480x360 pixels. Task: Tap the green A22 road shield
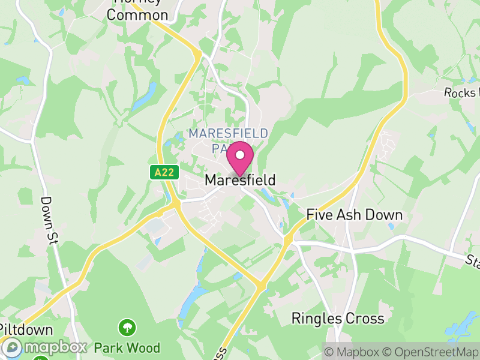point(164,172)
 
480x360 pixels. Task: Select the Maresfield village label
point(240,180)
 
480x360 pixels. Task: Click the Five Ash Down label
point(354,215)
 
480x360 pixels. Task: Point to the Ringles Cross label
point(337,318)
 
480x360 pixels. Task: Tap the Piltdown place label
point(26,330)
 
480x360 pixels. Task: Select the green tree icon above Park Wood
point(127,328)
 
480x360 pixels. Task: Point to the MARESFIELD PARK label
point(228,139)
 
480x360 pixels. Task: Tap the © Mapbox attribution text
point(353,352)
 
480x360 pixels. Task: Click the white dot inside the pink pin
point(240,155)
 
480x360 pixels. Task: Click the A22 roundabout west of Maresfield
point(176,205)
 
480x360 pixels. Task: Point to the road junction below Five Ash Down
point(288,239)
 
